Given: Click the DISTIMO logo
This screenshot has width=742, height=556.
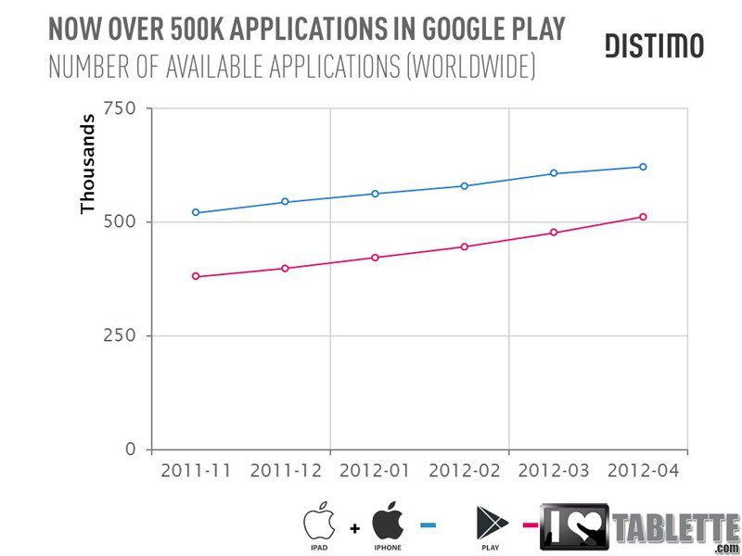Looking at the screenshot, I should (x=654, y=45).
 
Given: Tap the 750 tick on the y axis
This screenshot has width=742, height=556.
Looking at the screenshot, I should (x=119, y=109).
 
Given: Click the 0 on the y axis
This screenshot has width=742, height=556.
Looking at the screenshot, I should (x=131, y=449).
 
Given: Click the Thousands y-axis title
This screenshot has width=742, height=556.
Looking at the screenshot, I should (x=89, y=163).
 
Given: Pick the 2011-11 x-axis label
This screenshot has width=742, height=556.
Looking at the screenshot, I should (x=196, y=471).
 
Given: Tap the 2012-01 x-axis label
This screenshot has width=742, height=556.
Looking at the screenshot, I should (x=375, y=471).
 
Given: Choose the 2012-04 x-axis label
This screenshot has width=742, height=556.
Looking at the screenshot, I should (x=643, y=471).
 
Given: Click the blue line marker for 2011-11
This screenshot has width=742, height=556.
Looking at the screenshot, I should (x=196, y=212).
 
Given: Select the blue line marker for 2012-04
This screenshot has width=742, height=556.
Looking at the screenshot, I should (x=643, y=167).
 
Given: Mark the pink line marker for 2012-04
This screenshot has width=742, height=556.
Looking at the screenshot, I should (x=643, y=217).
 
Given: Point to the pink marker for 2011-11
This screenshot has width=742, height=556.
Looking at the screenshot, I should (x=196, y=276).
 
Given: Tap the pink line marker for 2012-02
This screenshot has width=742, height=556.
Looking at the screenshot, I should (x=464, y=246).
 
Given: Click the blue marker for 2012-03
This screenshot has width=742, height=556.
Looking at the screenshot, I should (x=554, y=173).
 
